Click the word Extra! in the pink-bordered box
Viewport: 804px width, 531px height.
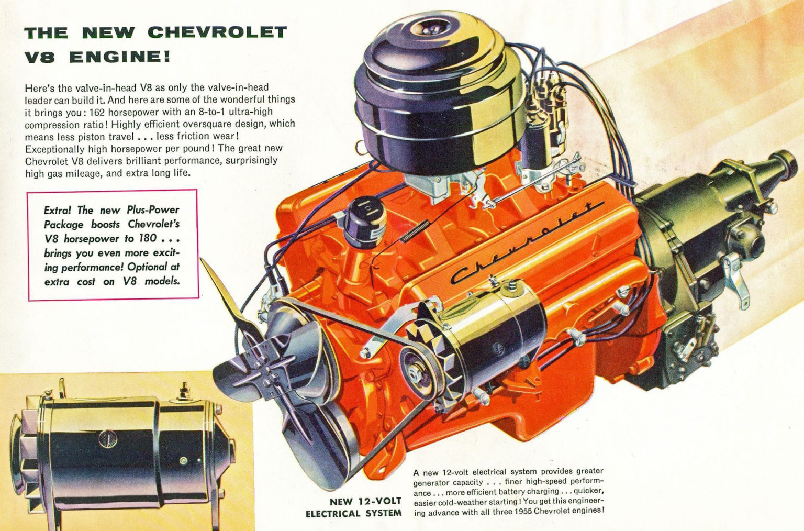point(59,211)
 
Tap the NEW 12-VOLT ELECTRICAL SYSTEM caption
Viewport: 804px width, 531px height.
point(354,507)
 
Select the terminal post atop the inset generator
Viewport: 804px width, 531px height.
point(184,391)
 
